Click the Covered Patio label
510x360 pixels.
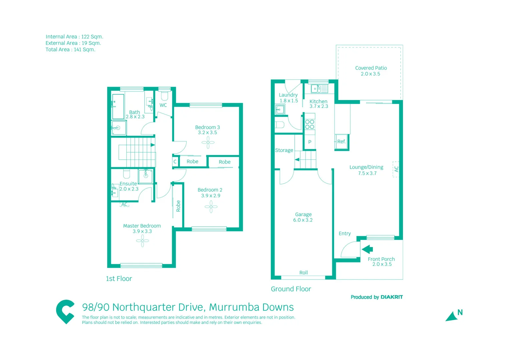point(371,68)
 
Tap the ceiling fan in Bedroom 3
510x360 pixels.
point(208,142)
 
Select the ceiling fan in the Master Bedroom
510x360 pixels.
point(142,241)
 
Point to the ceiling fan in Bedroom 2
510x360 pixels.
point(211,207)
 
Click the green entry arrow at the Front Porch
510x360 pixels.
point(367,249)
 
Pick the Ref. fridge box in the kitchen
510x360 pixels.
point(341,142)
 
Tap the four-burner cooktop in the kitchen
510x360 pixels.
point(310,124)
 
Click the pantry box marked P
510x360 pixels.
point(310,142)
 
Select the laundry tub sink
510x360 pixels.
point(280,109)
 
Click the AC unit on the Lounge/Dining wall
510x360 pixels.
point(396,169)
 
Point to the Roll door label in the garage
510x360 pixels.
point(303,273)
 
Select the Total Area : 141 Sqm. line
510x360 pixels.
point(70,50)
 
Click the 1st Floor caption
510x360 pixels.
point(119,279)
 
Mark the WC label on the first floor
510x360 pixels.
point(163,105)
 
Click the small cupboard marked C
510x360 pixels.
point(175,162)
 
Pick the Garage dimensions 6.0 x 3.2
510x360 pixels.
point(303,220)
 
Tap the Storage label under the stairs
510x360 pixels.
point(284,150)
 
